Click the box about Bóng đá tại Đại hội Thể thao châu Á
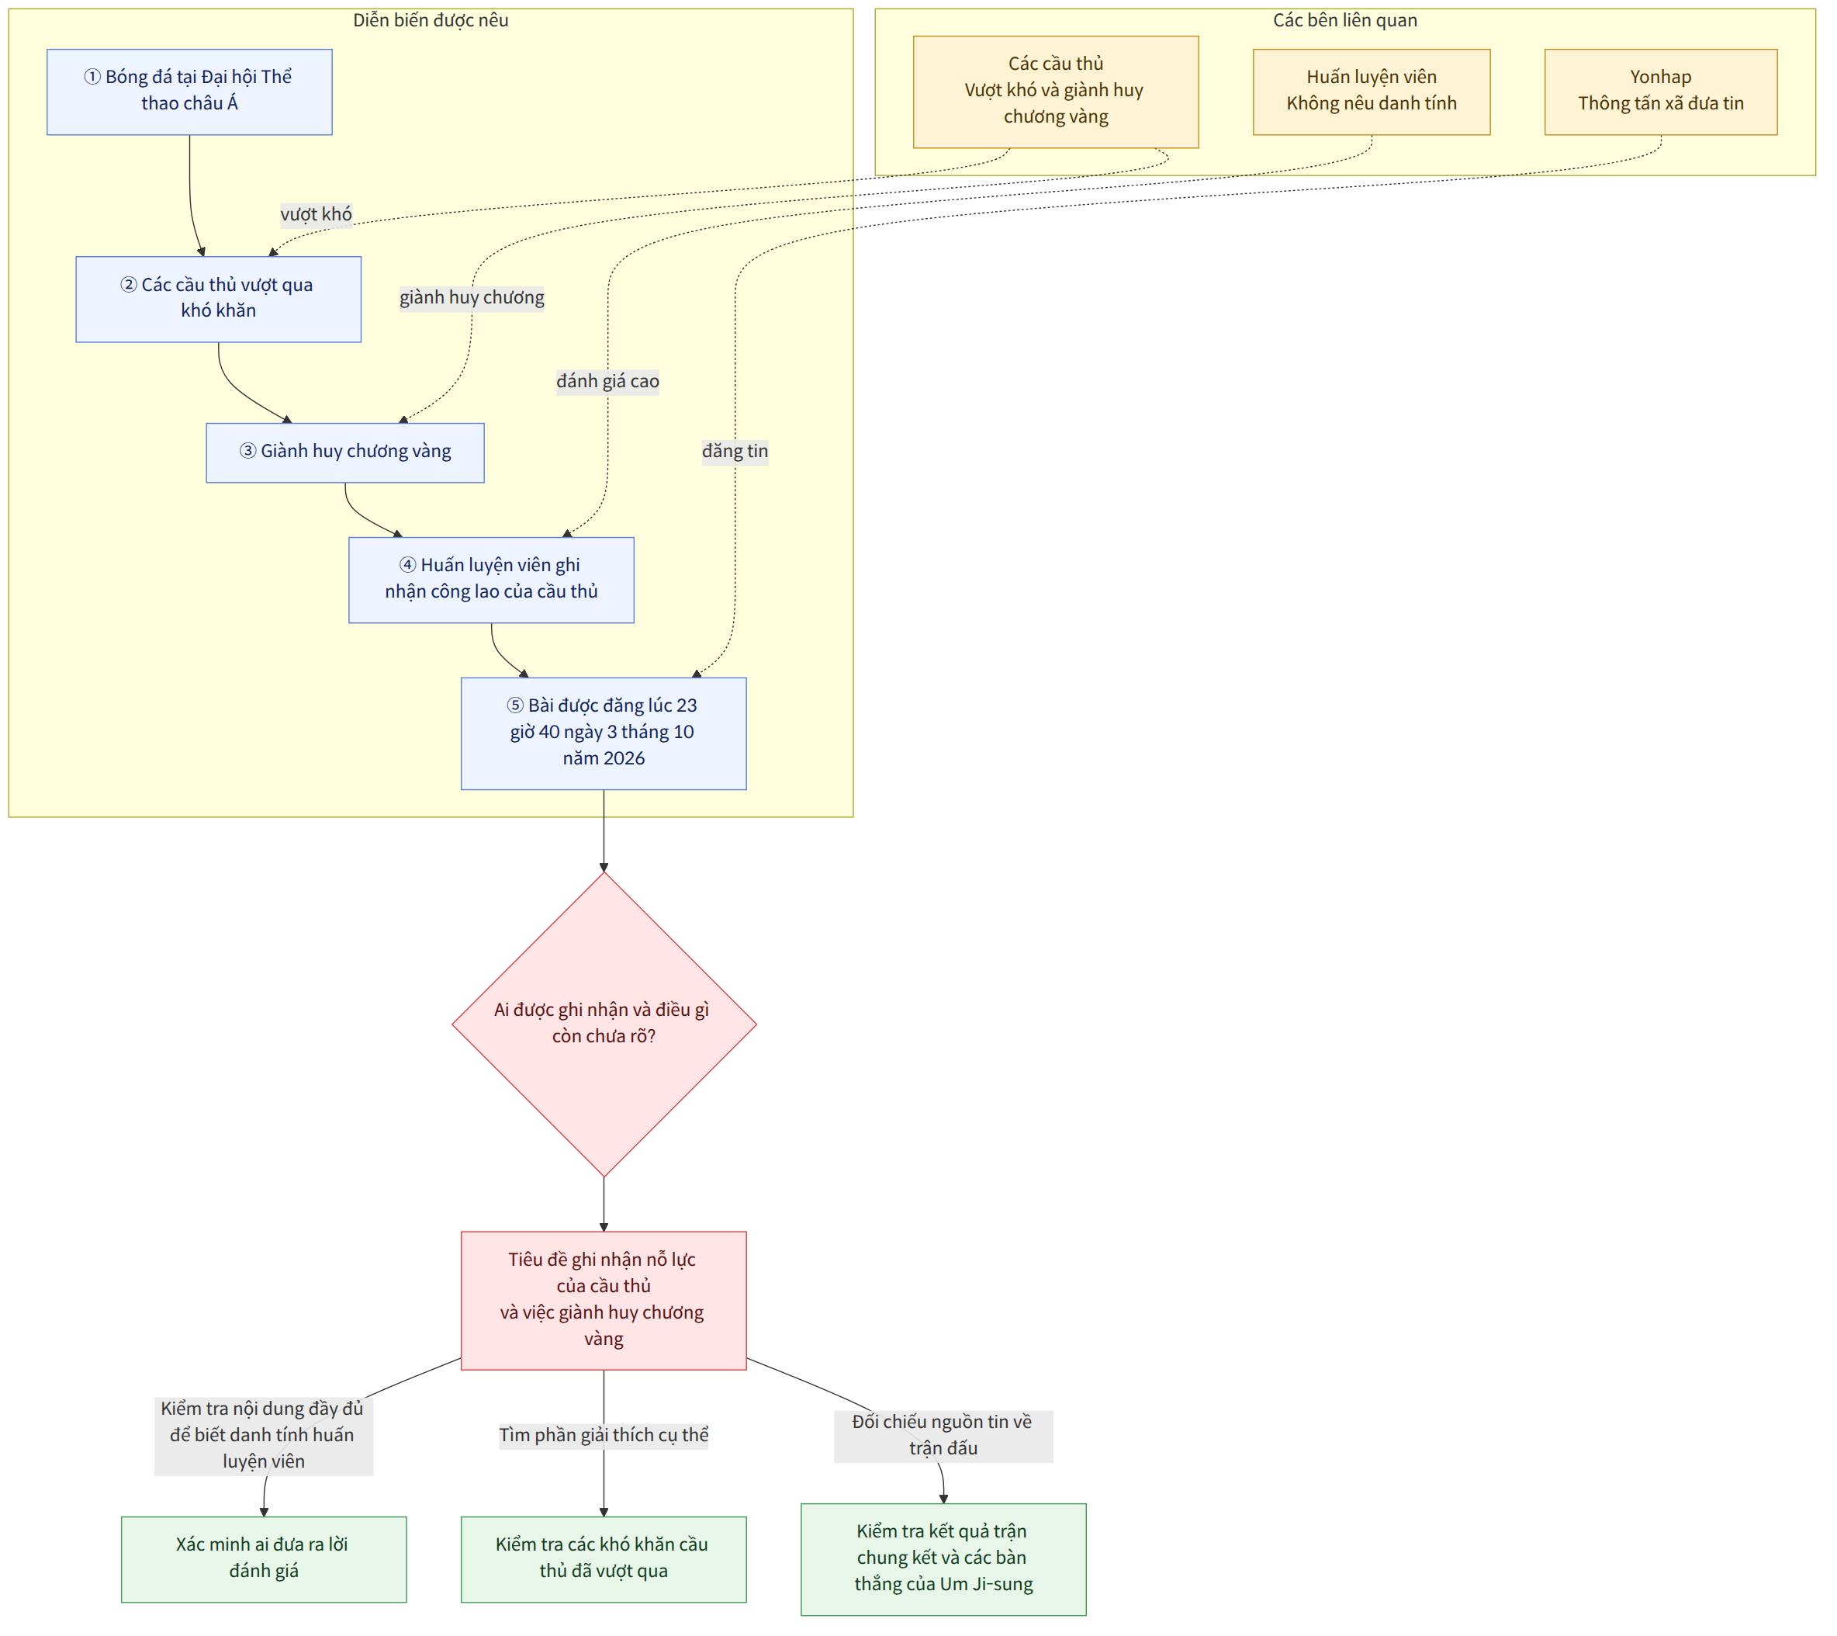coord(189,92)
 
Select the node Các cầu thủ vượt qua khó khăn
coord(219,300)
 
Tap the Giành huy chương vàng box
coord(345,453)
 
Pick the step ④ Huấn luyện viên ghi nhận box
coord(492,580)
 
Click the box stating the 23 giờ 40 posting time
coord(604,733)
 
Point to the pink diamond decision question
coord(604,1024)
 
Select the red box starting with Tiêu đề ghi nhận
coord(604,1301)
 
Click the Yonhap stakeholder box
coord(1661,92)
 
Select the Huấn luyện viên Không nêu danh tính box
coord(1372,92)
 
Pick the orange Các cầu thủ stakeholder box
coord(1056,92)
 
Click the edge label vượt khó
coord(317,214)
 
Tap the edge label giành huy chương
coord(472,297)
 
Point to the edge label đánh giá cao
coord(607,381)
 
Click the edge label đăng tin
coord(735,451)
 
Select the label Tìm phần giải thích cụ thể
coord(604,1435)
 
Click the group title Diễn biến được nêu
coord(431,19)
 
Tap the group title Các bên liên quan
coord(1345,19)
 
